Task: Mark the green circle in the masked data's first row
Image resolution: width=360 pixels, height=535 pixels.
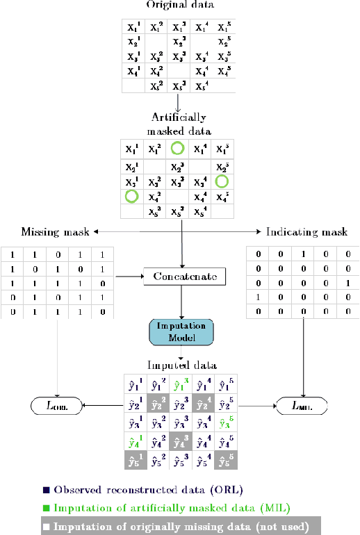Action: coord(179,148)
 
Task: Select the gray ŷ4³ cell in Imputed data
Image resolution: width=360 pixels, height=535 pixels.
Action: coord(179,441)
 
